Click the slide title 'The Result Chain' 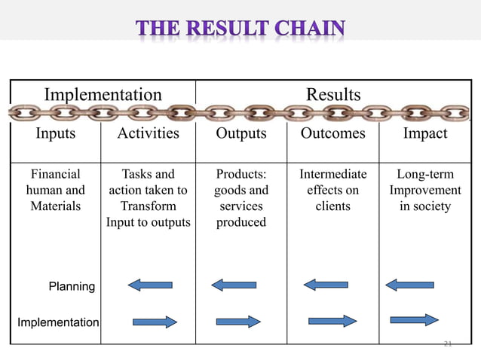coord(240,29)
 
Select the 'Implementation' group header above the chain coord(103,94)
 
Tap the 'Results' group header coord(332,94)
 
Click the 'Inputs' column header coord(56,133)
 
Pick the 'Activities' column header coord(148,133)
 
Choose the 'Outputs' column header coord(241,133)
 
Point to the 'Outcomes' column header coord(332,133)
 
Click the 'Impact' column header coord(425,133)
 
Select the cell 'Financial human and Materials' coord(56,190)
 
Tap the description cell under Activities coord(148,198)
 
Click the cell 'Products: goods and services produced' coord(241,198)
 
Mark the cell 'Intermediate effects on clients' coord(332,190)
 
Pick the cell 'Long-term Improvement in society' coord(425,190)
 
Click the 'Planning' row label coord(72,286)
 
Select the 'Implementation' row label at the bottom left coord(58,322)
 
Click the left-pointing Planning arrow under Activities coord(150,285)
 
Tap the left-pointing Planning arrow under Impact coord(409,285)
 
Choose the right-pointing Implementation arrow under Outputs coord(238,322)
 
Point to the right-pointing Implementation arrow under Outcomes coord(332,321)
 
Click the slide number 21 coord(448,344)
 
